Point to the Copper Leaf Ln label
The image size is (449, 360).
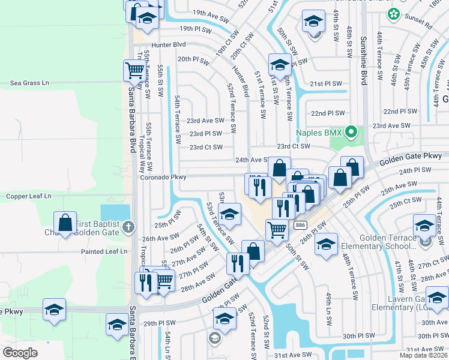29,196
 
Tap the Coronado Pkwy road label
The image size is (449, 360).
163,178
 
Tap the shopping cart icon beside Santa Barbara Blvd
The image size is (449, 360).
134,70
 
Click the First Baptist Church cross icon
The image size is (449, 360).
127,227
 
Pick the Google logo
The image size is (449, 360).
20,352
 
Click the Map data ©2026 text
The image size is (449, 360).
423,355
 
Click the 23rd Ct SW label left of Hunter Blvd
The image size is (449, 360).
206,147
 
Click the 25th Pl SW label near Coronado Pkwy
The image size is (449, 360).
168,225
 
